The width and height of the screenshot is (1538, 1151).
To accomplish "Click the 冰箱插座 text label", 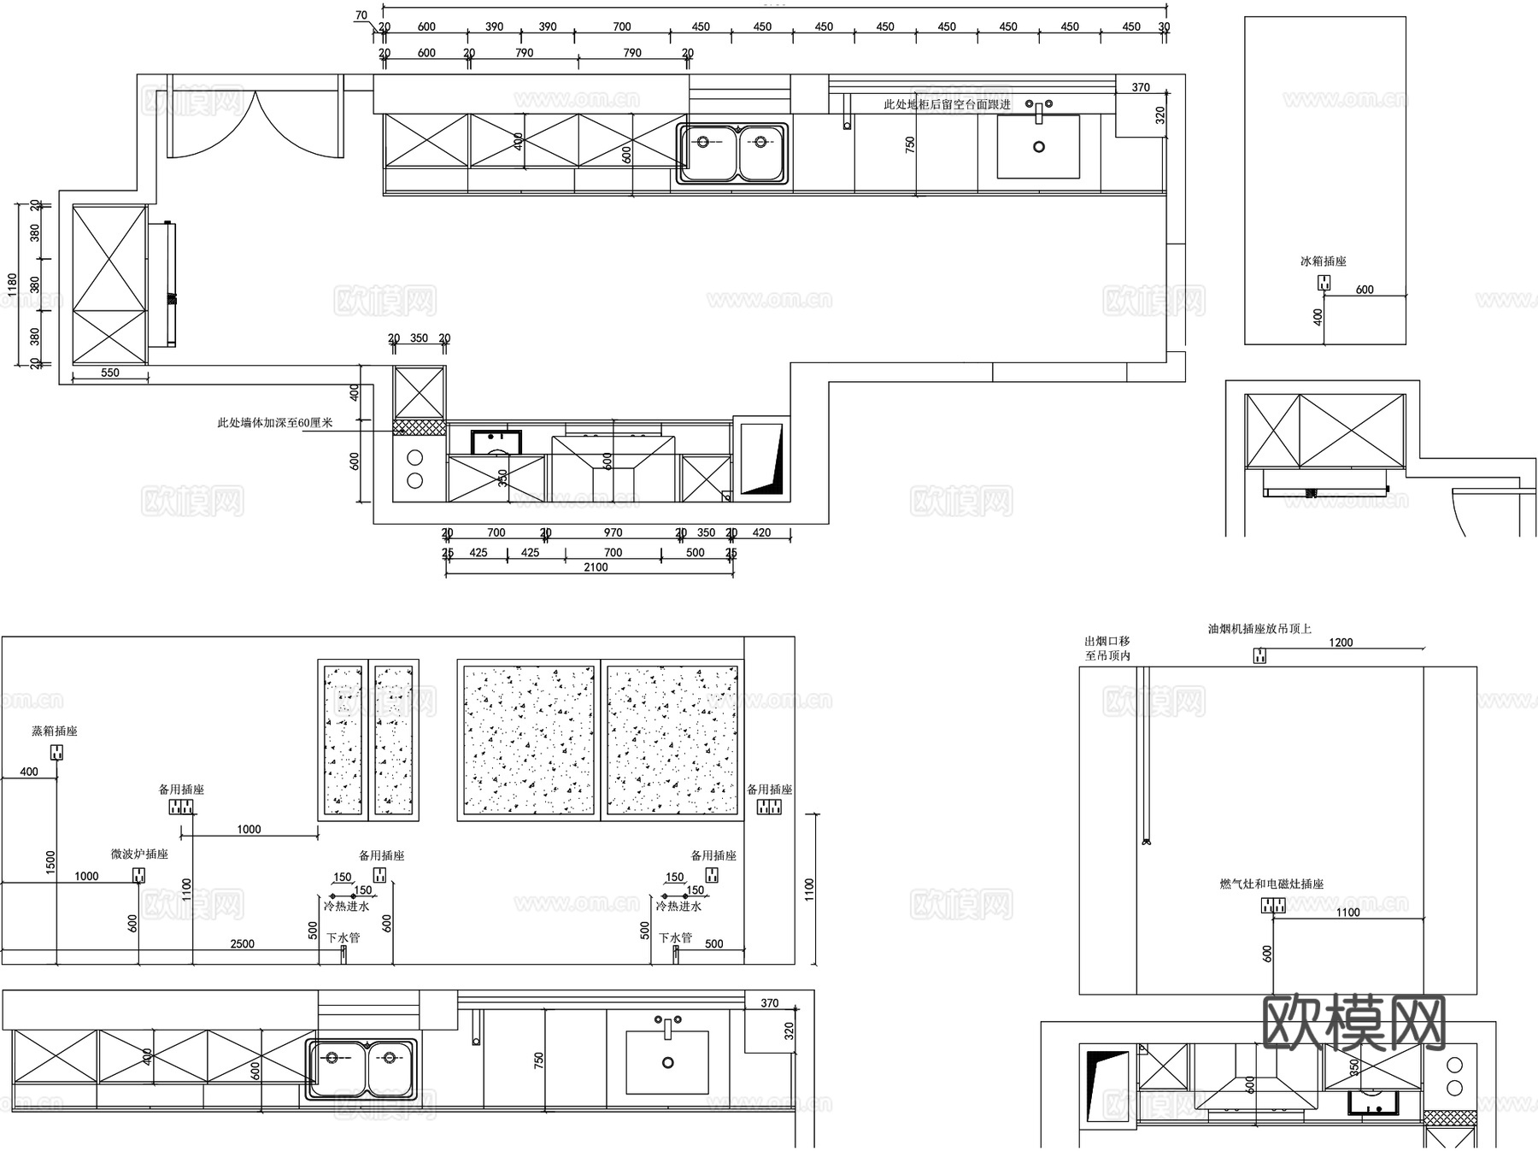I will [1323, 261].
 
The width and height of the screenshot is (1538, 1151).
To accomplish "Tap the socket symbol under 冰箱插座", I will [1324, 282].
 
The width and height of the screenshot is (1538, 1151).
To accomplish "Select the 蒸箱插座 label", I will [55, 731].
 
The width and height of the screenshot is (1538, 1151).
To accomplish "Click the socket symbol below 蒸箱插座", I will [57, 752].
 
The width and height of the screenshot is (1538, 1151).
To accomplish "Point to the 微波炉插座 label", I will [139, 854].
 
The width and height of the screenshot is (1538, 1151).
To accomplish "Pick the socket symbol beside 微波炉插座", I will [138, 875].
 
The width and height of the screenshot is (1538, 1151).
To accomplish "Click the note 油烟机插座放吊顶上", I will [1259, 629].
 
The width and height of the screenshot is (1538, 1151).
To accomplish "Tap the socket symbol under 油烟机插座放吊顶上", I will [1259, 655].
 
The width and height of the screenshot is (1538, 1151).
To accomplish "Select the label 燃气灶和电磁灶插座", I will [1271, 884].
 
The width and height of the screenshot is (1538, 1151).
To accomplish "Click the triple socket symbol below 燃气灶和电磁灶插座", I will [1273, 906].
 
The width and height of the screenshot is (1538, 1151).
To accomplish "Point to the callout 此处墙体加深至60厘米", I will [274, 422].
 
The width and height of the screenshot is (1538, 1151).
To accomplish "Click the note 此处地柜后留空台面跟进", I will [947, 104].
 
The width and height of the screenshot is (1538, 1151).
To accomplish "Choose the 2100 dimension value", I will [596, 567].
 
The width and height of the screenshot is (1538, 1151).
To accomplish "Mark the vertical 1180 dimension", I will [12, 285].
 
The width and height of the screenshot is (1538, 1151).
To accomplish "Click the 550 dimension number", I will [110, 373].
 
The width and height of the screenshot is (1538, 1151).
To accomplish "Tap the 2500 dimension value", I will [243, 944].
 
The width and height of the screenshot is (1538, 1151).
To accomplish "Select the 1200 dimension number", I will [1341, 643].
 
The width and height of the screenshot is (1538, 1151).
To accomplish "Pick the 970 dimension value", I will [613, 533].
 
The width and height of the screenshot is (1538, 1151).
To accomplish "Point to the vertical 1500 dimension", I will [50, 862].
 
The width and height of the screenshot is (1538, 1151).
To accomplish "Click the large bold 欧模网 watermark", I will [1353, 1023].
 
